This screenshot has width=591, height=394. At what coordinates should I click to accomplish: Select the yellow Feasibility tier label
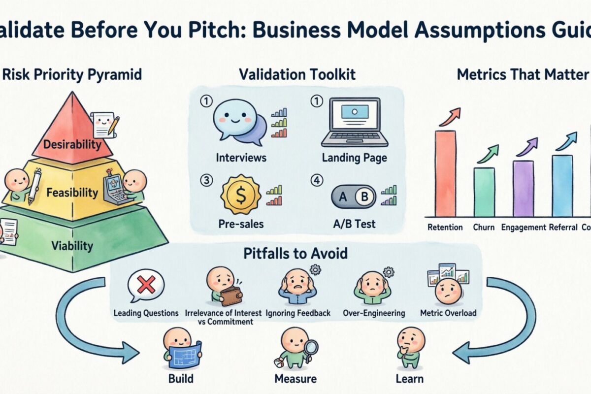pyautogui.click(x=72, y=193)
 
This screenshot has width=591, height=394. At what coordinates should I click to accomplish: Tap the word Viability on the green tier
pyautogui.click(x=72, y=246)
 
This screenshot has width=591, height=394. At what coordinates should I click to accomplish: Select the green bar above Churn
pyautogui.click(x=484, y=192)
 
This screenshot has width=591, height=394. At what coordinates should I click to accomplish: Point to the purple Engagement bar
pyautogui.click(x=523, y=189)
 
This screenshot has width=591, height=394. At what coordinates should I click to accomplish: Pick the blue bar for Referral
pyautogui.click(x=562, y=186)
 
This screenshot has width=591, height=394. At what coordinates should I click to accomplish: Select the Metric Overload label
pyautogui.click(x=448, y=313)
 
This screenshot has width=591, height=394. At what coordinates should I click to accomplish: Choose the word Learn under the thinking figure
pyautogui.click(x=409, y=379)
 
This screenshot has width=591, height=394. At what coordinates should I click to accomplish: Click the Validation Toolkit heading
pyautogui.click(x=297, y=75)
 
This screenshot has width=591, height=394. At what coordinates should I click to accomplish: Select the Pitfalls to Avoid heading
pyautogui.click(x=295, y=254)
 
